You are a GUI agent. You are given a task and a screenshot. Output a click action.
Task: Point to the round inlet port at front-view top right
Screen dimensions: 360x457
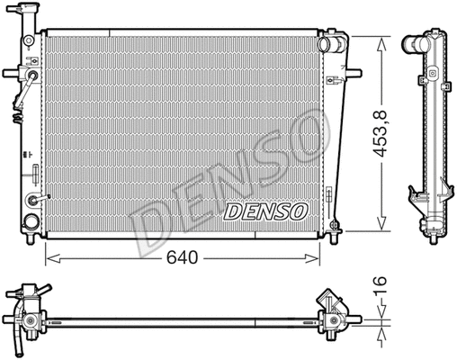click(335, 43)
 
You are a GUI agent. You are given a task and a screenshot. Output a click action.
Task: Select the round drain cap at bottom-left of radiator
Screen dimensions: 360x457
click(31, 221)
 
